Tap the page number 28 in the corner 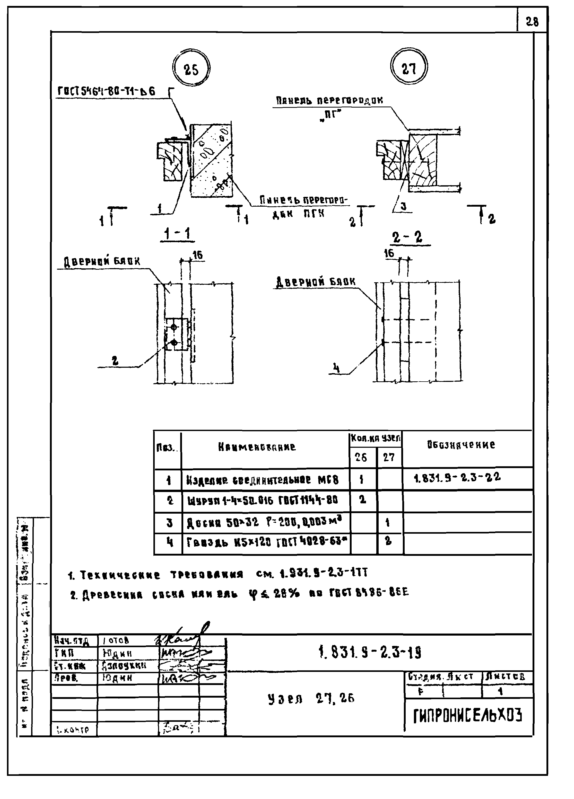pyautogui.click(x=532, y=22)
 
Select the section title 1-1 pyautogui.click(x=178, y=234)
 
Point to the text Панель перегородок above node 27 pyautogui.click(x=329, y=101)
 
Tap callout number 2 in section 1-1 pyautogui.click(x=115, y=361)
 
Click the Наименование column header pyautogui.click(x=257, y=447)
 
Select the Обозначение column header pyautogui.click(x=461, y=445)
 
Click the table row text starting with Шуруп pyautogui.click(x=263, y=500)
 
